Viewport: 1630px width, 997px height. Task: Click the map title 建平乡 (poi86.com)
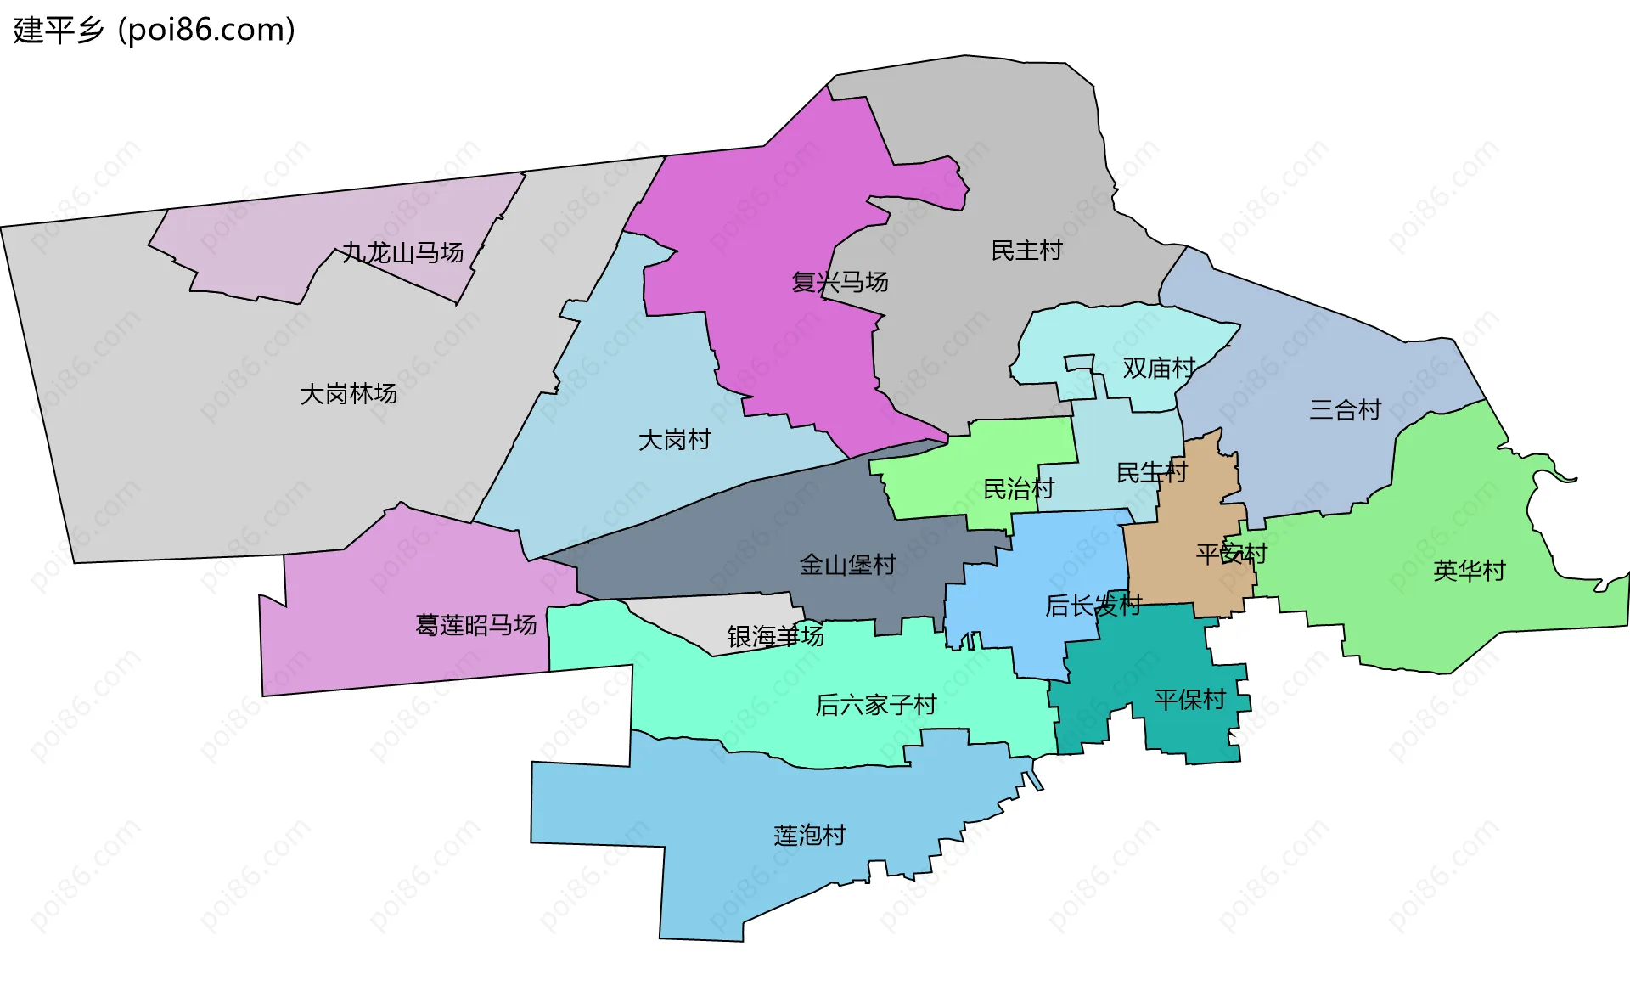tap(154, 30)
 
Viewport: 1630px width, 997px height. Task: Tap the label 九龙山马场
tap(402, 252)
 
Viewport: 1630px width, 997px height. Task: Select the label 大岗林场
tap(348, 394)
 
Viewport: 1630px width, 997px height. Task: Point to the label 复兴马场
tap(840, 282)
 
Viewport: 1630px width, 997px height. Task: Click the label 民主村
tap(1026, 251)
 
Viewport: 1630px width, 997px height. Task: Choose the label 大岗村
tap(674, 440)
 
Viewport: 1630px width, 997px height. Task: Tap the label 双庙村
tap(1159, 368)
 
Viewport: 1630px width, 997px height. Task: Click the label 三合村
tap(1345, 410)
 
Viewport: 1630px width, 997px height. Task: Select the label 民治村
tap(1018, 489)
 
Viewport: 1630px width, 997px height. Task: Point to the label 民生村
tap(1151, 472)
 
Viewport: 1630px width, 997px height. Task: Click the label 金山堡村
tap(847, 565)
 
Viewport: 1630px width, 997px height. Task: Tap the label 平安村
tap(1231, 555)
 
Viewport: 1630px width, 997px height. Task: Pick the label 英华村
tap(1469, 571)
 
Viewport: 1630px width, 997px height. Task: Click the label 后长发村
tap(1093, 606)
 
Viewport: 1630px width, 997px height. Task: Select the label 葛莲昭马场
tap(475, 625)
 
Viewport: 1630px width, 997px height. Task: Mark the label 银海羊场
tap(775, 636)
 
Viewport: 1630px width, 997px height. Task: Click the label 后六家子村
tap(875, 705)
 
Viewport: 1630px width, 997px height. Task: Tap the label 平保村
tap(1189, 700)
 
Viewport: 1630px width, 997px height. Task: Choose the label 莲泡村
tap(809, 836)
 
